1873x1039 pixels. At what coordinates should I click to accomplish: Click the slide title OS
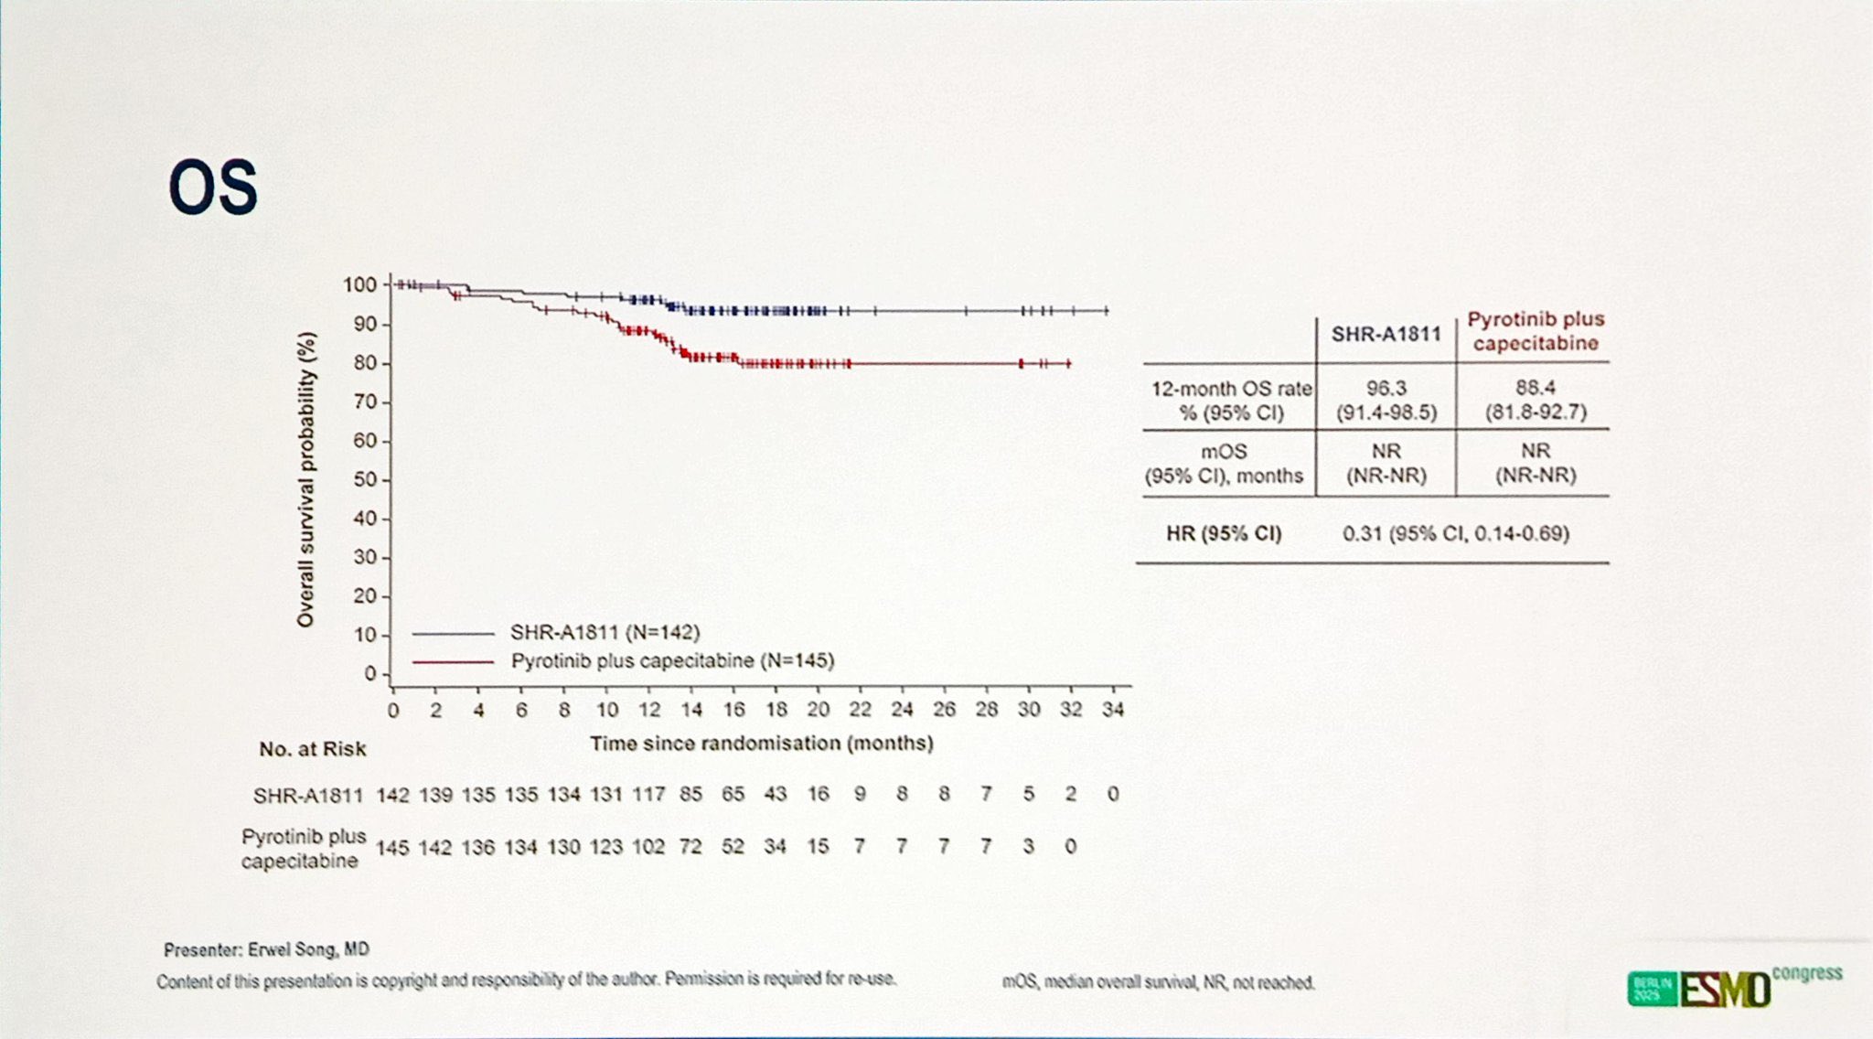pos(213,187)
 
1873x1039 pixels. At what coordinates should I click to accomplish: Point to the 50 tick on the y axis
pos(365,480)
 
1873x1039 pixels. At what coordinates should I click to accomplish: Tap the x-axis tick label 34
pos(1112,710)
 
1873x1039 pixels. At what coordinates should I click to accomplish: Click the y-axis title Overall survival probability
pos(306,479)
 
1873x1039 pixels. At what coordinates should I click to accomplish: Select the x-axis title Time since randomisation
pos(761,744)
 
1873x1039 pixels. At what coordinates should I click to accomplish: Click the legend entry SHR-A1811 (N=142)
pos(605,633)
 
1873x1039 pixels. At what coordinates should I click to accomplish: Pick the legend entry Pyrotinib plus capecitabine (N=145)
pos(672,661)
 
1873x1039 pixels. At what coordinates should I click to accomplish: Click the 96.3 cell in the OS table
pos(1386,389)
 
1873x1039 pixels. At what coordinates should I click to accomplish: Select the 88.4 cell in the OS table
pos(1535,389)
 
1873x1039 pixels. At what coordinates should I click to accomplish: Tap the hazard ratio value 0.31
pos(1362,534)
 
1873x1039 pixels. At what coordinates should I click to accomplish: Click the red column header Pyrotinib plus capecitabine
pos(1536,331)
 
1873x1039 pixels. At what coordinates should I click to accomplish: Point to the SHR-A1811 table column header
pos(1386,335)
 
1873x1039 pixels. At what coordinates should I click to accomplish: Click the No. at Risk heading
pos(312,749)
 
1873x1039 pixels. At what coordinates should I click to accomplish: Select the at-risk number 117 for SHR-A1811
pos(648,795)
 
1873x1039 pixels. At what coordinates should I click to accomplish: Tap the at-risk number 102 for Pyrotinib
pos(648,847)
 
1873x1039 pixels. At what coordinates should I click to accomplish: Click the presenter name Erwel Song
pos(266,950)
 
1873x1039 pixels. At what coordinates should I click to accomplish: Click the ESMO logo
pos(1724,990)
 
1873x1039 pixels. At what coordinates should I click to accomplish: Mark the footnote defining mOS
pos(1158,983)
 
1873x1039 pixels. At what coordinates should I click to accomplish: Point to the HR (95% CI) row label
pos(1224,534)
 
